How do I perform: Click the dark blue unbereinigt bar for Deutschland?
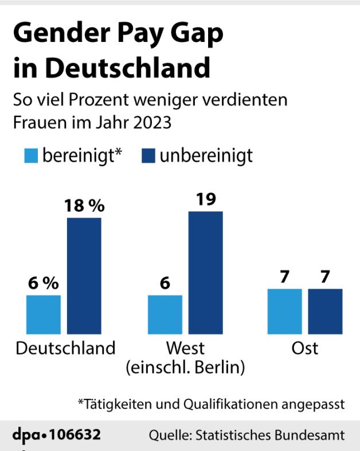pyautogui.click(x=84, y=276)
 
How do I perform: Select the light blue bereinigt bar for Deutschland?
pyautogui.click(x=44, y=314)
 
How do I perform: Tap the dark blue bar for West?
pyautogui.click(x=205, y=273)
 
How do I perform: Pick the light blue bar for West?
pyautogui.click(x=165, y=314)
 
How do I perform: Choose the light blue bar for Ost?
pyautogui.click(x=285, y=312)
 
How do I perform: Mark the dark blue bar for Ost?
pyautogui.click(x=325, y=312)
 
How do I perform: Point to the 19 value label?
pyautogui.click(x=205, y=200)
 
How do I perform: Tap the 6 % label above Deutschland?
pyautogui.click(x=44, y=284)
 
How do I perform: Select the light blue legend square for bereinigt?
pyautogui.click(x=31, y=155)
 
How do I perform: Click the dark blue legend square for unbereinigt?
pyautogui.click(x=148, y=155)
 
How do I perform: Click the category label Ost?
pyautogui.click(x=305, y=348)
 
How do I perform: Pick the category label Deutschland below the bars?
pyautogui.click(x=65, y=348)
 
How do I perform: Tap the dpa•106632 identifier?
pyautogui.click(x=57, y=434)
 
